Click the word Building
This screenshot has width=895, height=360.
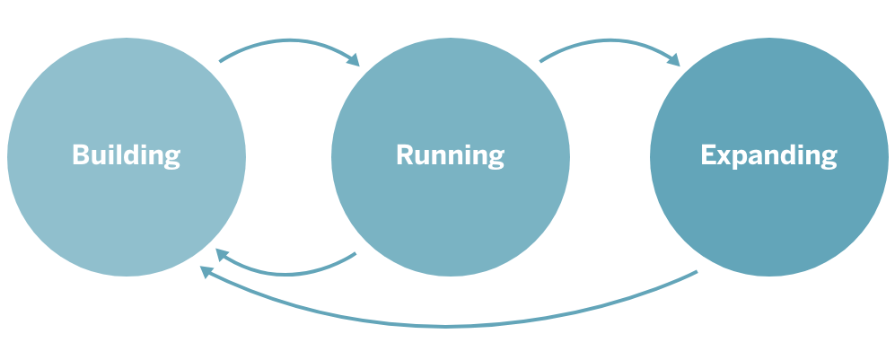point(126,155)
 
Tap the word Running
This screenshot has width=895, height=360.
point(450,155)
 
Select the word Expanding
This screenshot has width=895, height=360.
point(768,155)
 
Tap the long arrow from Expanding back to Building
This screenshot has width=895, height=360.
point(449,324)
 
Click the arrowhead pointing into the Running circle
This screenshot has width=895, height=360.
point(352,59)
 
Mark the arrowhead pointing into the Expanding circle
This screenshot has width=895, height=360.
point(673,59)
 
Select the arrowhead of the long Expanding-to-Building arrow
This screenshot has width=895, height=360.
point(206,270)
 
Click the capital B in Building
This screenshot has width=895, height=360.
point(80,155)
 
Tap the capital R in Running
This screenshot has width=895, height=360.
point(404,155)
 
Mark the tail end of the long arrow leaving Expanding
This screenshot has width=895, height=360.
point(695,272)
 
